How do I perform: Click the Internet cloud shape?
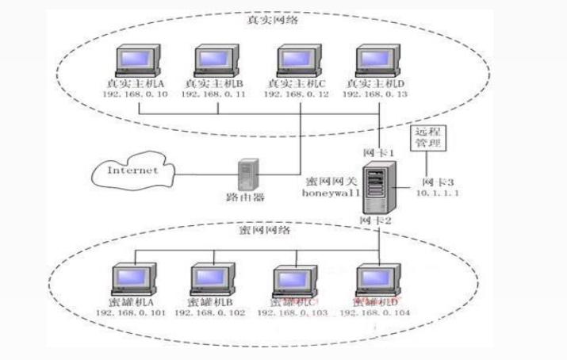130,170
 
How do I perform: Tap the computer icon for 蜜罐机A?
131,279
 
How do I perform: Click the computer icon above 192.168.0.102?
210,279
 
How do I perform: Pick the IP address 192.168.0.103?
292,313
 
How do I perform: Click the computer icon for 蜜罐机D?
374,279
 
